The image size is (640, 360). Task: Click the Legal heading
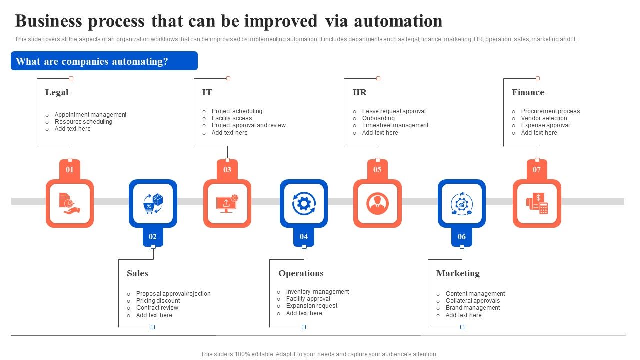point(57,92)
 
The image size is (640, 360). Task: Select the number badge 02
point(153,237)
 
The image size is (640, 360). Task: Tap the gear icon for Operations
point(304,204)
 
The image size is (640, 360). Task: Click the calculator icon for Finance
point(537,204)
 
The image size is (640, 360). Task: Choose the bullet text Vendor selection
point(544,118)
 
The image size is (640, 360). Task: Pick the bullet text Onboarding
point(378,118)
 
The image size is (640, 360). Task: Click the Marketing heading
point(458,273)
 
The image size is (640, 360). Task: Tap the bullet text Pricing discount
point(158,301)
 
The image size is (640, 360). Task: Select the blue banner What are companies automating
point(104,61)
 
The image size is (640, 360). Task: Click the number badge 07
point(537,170)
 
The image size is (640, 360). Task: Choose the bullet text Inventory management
point(317,292)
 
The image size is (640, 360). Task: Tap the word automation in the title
point(398,21)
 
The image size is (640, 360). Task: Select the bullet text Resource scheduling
point(83,122)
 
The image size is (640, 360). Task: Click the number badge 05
point(377,170)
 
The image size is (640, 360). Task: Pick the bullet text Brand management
point(473,308)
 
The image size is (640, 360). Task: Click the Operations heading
point(301,273)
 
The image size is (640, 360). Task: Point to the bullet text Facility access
point(232,118)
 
